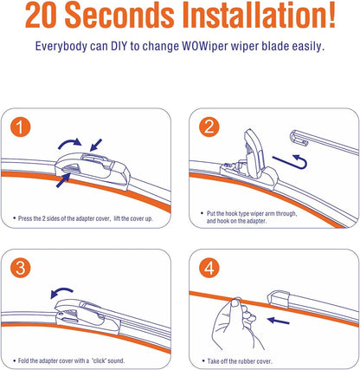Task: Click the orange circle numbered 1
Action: click(x=20, y=127)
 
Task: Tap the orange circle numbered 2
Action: click(x=209, y=127)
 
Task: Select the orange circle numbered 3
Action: click(x=20, y=268)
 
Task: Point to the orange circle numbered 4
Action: click(x=209, y=268)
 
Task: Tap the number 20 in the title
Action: click(x=41, y=15)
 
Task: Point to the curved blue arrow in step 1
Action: click(x=70, y=142)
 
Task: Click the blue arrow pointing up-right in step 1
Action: click(x=63, y=180)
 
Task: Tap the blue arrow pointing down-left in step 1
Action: click(x=96, y=145)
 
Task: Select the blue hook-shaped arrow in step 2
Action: click(x=292, y=162)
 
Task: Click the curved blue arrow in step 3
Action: click(x=61, y=292)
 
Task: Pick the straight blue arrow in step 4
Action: click(x=279, y=321)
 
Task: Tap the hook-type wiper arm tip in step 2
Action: click(x=299, y=137)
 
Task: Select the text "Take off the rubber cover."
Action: click(x=240, y=361)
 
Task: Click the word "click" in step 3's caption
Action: click(x=100, y=360)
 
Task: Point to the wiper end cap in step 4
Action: click(x=279, y=299)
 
